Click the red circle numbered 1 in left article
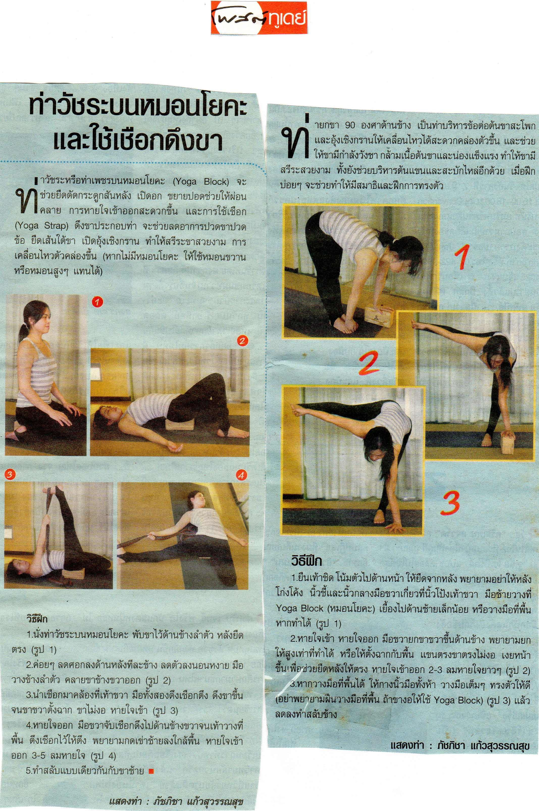click(97, 302)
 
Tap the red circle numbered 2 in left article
click(242, 341)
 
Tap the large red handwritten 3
click(451, 503)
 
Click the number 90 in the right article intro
click(350, 125)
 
